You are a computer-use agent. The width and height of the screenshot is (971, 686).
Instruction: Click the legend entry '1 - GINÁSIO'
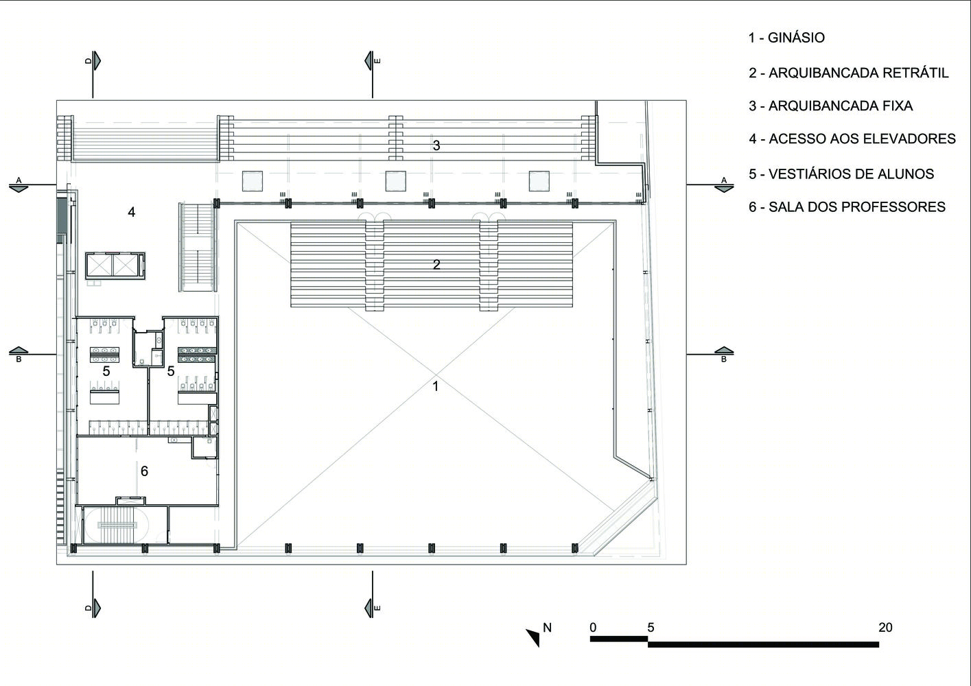786,38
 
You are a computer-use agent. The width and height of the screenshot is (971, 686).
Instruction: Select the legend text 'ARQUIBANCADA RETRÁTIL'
858,73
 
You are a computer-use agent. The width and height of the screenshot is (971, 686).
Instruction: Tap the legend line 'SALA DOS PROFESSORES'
857,206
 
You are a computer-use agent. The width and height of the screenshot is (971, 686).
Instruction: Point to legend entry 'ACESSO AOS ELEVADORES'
862,139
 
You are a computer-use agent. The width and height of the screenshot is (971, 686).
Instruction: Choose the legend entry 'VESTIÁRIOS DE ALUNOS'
852,174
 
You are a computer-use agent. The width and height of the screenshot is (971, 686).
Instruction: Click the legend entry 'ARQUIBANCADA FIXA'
841,106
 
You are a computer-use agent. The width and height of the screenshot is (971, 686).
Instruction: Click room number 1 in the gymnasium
436,386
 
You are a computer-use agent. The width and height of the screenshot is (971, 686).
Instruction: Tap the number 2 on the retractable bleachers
436,264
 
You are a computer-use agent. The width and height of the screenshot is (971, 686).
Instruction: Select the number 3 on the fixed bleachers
436,145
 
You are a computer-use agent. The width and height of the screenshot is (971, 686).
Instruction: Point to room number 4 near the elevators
132,212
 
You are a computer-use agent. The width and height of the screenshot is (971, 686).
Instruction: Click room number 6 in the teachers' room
144,471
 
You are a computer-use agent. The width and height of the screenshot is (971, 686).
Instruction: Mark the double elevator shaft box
114,265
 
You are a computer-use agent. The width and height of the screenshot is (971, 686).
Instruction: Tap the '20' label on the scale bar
886,628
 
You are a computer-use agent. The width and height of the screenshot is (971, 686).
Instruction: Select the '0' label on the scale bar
593,628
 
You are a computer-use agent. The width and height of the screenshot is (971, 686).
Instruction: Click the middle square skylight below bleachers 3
395,181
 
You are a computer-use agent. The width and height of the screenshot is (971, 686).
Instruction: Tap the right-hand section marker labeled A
723,185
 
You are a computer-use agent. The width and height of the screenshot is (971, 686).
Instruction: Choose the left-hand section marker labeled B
19,354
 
